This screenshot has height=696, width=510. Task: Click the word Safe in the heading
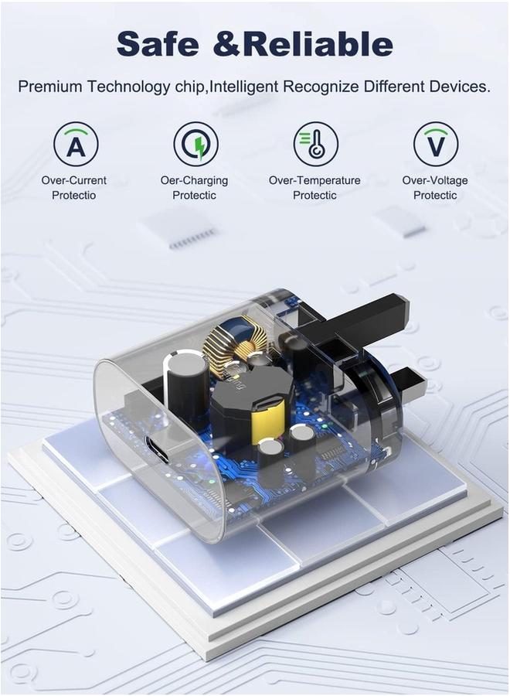(x=158, y=44)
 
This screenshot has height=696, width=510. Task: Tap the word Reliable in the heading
(x=318, y=44)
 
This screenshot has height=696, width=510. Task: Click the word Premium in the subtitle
(x=50, y=86)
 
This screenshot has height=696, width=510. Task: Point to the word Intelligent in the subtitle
(x=243, y=86)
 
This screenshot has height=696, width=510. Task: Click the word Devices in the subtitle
(x=460, y=86)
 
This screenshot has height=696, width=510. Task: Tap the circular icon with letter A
(x=76, y=145)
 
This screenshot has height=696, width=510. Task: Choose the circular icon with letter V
(x=436, y=145)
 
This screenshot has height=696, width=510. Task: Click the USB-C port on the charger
(x=157, y=449)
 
